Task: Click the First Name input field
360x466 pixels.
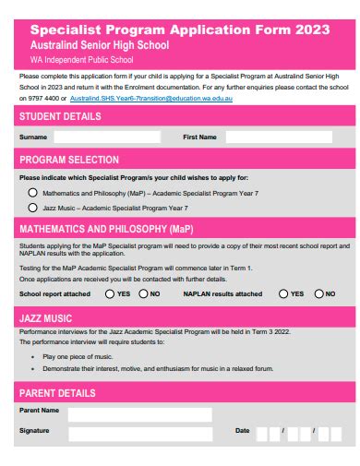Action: coord(281,137)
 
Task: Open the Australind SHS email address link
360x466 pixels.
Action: coord(152,96)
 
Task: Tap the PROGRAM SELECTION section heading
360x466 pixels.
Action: coord(69,160)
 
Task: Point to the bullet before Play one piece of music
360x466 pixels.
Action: coord(33,355)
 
